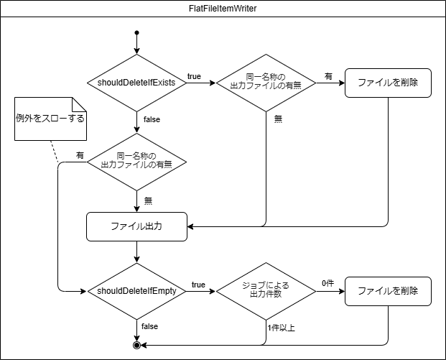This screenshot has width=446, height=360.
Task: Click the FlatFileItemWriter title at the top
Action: point(223,8)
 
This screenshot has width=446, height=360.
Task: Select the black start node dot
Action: point(136,33)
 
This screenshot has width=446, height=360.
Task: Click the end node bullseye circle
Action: point(136,346)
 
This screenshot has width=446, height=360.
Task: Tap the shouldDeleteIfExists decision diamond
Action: point(136,83)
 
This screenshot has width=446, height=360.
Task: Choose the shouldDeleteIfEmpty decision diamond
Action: point(136,291)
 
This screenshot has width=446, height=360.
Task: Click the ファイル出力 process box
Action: point(136,226)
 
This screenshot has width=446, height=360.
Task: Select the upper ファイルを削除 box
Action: point(388,83)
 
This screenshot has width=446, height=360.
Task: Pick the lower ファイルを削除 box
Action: point(388,291)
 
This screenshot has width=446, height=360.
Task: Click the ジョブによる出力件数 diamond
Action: point(266,291)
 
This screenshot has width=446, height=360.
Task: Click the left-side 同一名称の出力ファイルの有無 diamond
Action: point(136,160)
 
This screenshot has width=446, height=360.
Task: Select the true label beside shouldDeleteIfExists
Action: point(194,76)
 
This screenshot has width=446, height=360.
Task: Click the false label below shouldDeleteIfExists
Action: point(152,119)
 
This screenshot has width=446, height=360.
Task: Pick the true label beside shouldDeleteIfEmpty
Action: point(198,285)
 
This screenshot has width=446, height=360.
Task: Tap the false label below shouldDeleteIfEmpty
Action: point(149,326)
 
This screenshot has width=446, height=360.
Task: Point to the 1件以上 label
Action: point(282,328)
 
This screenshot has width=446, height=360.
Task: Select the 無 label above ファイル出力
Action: point(149,200)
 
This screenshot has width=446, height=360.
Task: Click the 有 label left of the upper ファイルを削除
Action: point(328,75)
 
